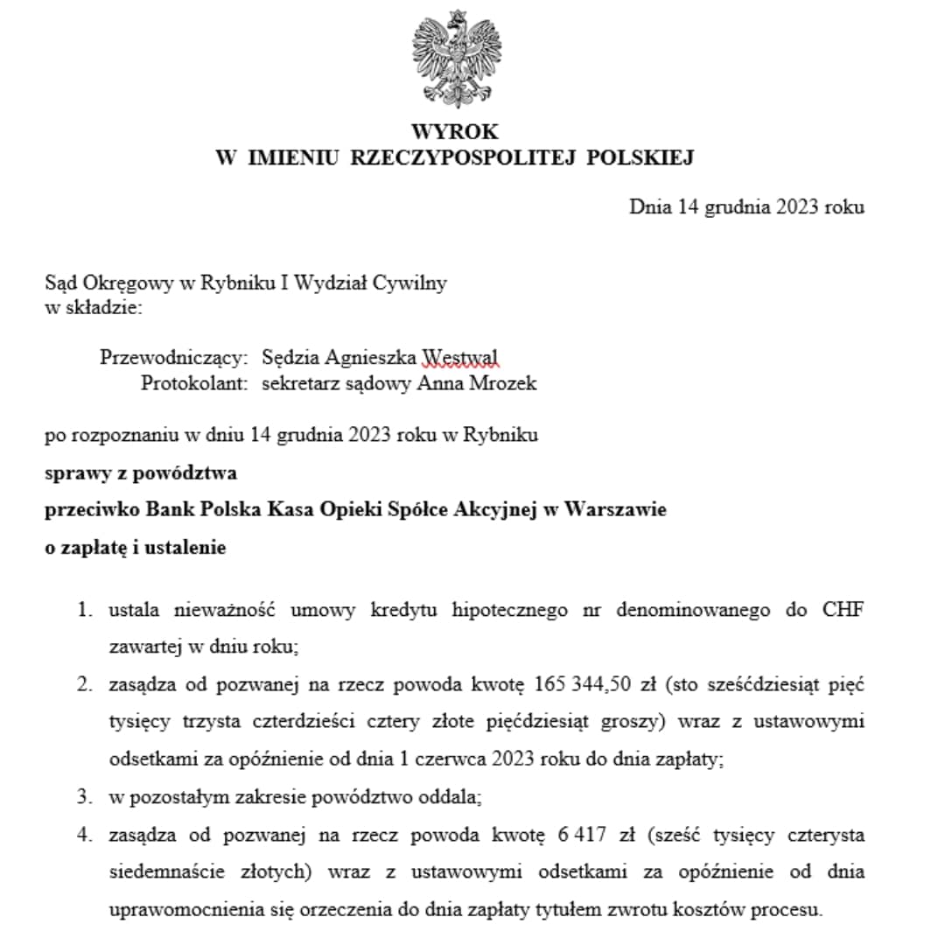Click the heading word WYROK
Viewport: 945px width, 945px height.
[455, 132]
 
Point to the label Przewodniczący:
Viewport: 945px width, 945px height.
[174, 357]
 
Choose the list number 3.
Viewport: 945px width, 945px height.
[84, 797]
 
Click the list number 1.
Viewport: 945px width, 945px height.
[84, 610]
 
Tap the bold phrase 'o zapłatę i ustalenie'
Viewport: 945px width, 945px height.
[136, 548]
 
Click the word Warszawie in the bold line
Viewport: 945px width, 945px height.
[616, 509]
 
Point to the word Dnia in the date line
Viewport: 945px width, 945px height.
[649, 207]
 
